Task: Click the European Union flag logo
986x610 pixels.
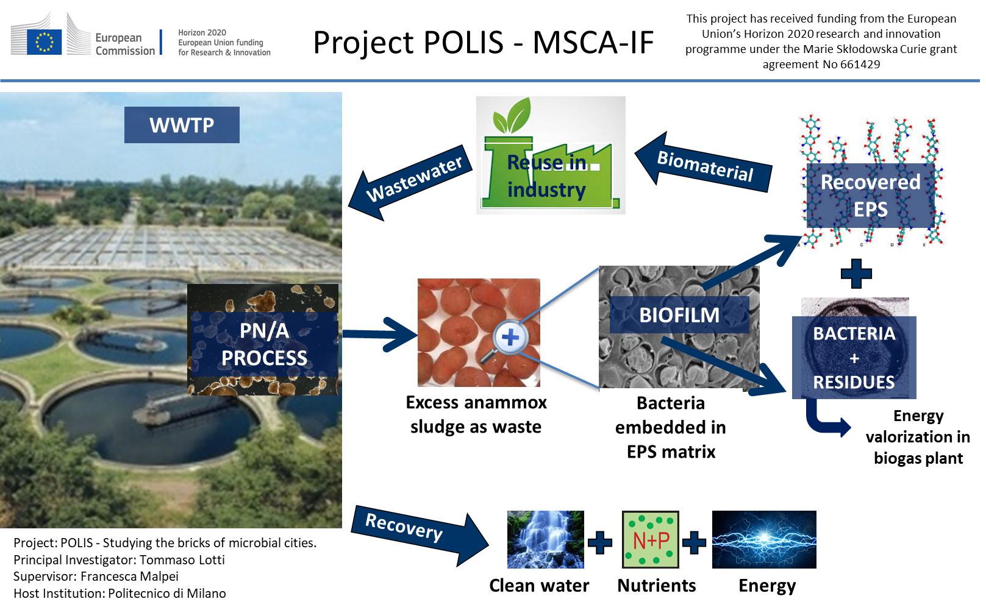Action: [44, 41]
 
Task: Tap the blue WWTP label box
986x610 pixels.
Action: [182, 125]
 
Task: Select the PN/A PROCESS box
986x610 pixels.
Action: [263, 344]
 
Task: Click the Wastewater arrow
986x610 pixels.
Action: [409, 182]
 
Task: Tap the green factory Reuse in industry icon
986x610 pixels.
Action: [550, 155]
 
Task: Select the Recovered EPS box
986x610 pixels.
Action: [870, 196]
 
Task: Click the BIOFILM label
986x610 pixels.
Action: [679, 315]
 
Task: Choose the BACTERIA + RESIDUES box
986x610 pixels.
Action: [854, 358]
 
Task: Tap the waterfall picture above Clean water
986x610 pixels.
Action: [545, 539]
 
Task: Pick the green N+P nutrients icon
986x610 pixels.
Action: [650, 539]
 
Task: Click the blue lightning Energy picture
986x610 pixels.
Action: [763, 539]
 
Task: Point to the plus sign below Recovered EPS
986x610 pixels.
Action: [856, 274]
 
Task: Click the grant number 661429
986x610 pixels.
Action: [860, 65]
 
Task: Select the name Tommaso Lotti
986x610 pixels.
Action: [182, 560]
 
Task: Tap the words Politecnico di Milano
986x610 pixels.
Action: [167, 594]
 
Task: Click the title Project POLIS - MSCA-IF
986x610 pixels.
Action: [483, 43]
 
